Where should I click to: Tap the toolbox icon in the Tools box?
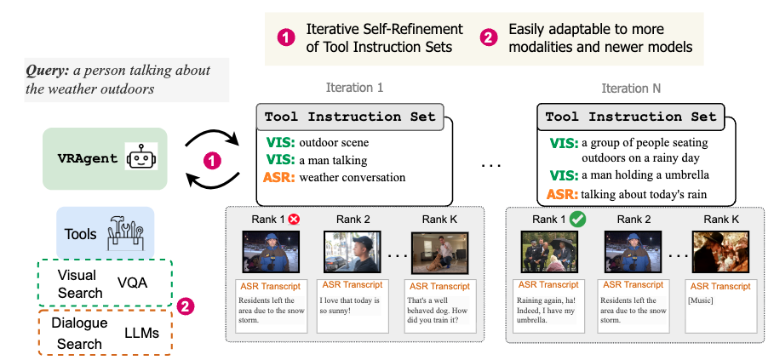click(x=124, y=232)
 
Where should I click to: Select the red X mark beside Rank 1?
click(x=294, y=218)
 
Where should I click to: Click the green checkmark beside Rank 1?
click(x=576, y=219)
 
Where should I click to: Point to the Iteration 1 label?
click(x=355, y=87)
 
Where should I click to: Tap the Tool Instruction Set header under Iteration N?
click(x=630, y=117)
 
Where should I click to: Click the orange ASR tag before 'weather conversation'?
click(x=279, y=177)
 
